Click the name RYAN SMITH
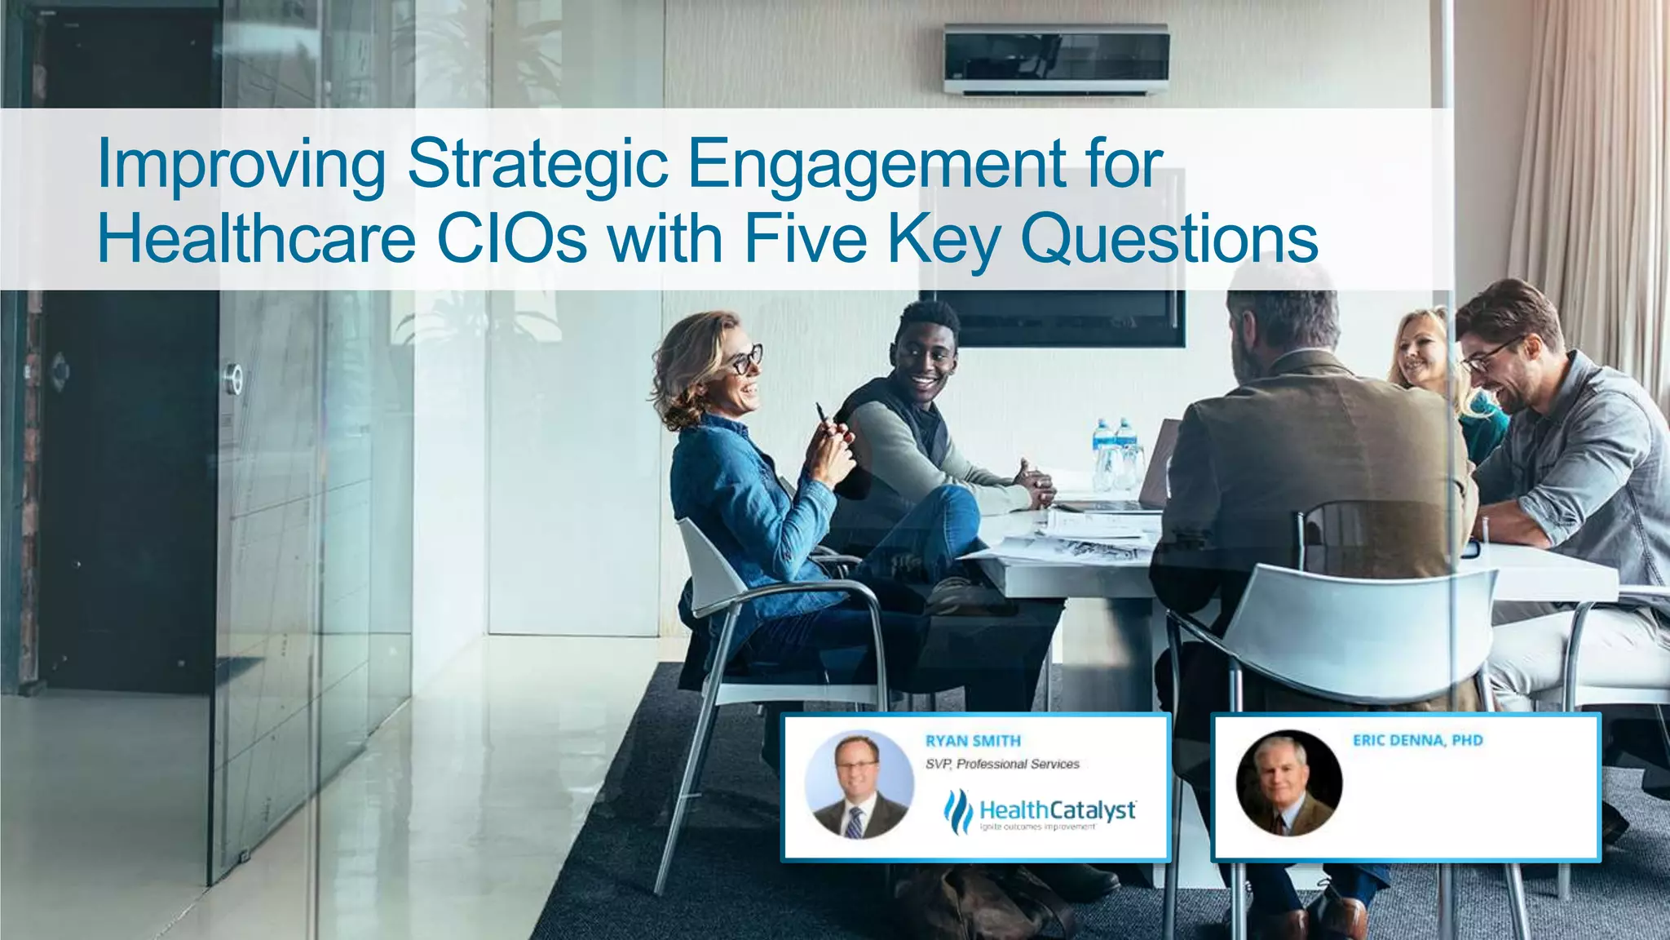[973, 741]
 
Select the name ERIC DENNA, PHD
[1417, 740]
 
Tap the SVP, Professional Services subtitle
[1002, 764]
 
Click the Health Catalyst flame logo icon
[957, 811]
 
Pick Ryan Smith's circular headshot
[858, 785]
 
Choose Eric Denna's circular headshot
[1288, 783]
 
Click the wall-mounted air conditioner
[1057, 59]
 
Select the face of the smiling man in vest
[928, 359]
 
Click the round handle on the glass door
[234, 379]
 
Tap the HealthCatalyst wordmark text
[1058, 810]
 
